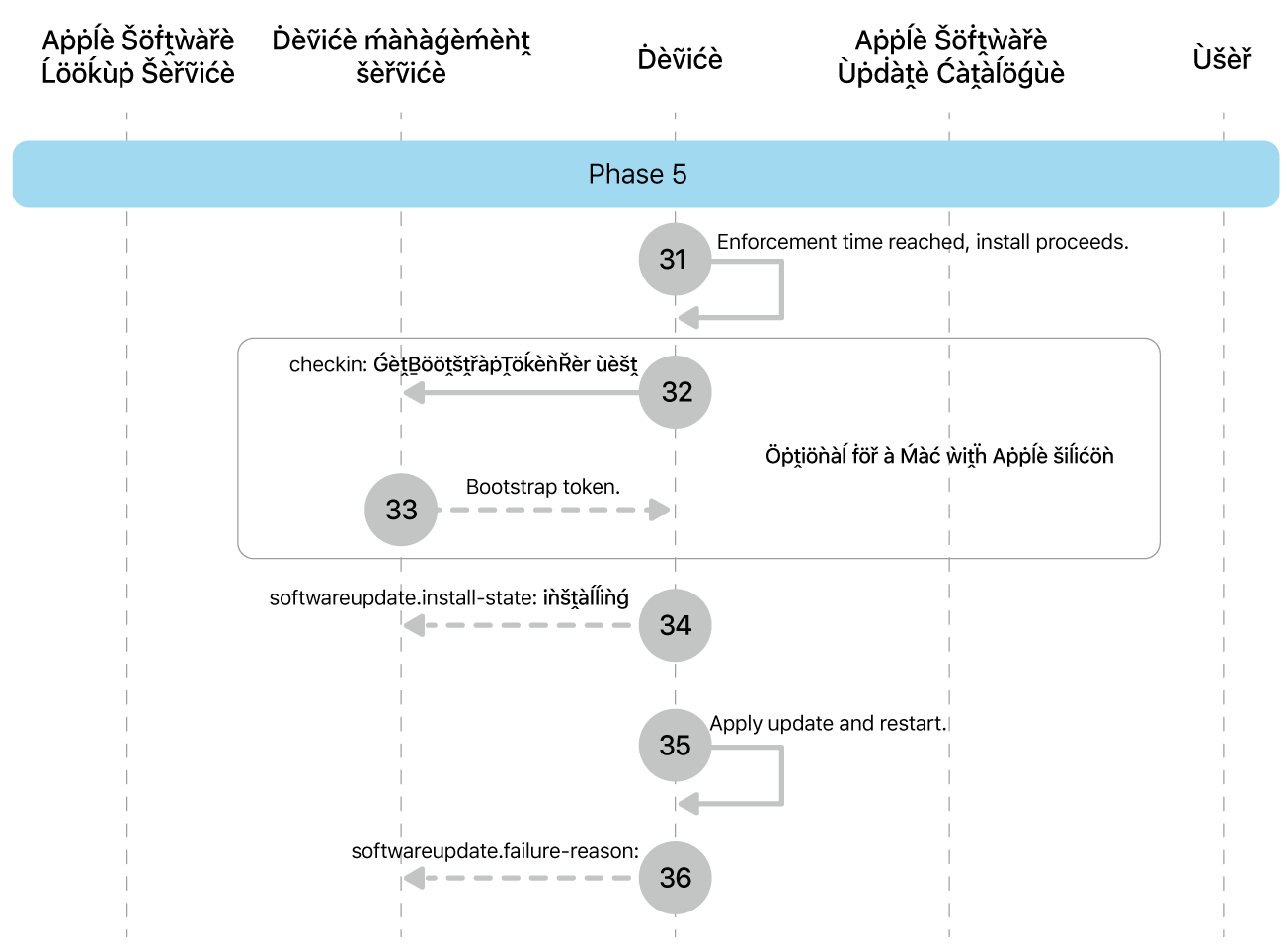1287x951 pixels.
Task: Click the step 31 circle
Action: [x=675, y=259]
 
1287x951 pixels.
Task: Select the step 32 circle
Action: [x=676, y=392]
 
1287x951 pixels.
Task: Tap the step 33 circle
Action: [x=401, y=510]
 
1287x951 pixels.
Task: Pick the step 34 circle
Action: [x=676, y=625]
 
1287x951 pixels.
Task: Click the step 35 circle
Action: [x=676, y=745]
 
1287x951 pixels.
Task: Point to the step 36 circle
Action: [x=676, y=877]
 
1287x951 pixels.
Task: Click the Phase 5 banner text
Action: [x=637, y=174]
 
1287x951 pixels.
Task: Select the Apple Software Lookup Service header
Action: [x=138, y=56]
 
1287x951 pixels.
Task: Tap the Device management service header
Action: [x=401, y=56]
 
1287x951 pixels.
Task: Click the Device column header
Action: [x=680, y=59]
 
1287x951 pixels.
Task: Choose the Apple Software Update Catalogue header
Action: [x=950, y=56]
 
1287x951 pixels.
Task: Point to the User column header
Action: [x=1222, y=59]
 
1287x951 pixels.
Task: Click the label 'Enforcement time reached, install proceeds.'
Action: [x=922, y=242]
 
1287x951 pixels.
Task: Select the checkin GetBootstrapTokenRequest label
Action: [x=463, y=364]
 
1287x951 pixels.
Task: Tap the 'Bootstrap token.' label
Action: [x=542, y=487]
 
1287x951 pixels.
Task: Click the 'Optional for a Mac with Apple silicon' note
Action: [x=939, y=456]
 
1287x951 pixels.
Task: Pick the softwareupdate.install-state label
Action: [x=448, y=597]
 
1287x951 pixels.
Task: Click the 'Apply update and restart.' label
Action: [x=828, y=723]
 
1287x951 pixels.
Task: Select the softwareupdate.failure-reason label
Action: [x=495, y=851]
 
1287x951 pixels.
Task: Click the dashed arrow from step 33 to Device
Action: [x=553, y=510]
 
